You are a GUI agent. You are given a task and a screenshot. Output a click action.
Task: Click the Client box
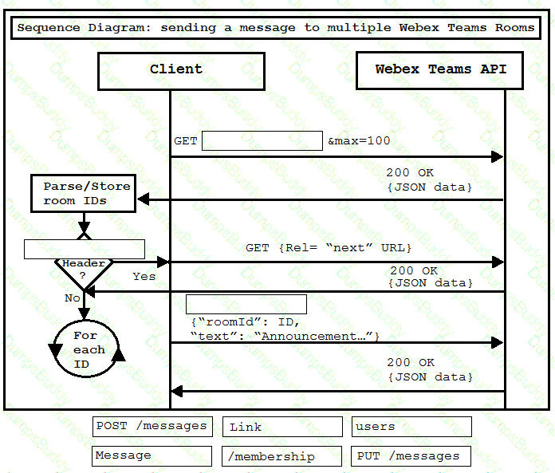click(x=181, y=71)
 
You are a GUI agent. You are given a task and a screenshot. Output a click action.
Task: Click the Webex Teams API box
click(x=439, y=70)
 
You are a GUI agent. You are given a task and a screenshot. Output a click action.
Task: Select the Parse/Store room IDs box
click(x=84, y=193)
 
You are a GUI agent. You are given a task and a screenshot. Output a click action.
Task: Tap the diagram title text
click(x=276, y=28)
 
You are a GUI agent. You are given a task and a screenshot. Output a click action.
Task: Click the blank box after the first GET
click(x=262, y=140)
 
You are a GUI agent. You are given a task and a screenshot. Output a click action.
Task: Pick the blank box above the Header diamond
click(x=85, y=249)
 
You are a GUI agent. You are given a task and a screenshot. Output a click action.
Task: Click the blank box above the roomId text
click(x=246, y=304)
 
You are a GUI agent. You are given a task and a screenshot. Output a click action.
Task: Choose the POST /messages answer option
click(x=152, y=427)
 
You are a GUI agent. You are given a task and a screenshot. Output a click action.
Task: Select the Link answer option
click(x=282, y=427)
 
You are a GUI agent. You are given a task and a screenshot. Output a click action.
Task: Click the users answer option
click(x=411, y=427)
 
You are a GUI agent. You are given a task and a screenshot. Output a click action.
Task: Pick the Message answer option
click(x=152, y=456)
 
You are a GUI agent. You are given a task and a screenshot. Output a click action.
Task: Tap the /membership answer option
click(x=281, y=456)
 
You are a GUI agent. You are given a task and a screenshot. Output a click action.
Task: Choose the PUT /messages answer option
click(x=411, y=456)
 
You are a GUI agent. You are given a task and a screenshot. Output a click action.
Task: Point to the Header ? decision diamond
click(x=84, y=274)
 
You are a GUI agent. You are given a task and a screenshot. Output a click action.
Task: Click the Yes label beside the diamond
click(x=144, y=277)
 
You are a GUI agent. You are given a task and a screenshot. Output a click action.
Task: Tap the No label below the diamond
click(x=73, y=298)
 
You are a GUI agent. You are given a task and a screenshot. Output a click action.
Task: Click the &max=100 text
click(x=359, y=141)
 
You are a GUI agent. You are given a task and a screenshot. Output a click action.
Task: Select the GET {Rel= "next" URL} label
click(x=329, y=248)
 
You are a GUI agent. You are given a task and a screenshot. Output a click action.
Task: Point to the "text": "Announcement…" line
click(x=285, y=336)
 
